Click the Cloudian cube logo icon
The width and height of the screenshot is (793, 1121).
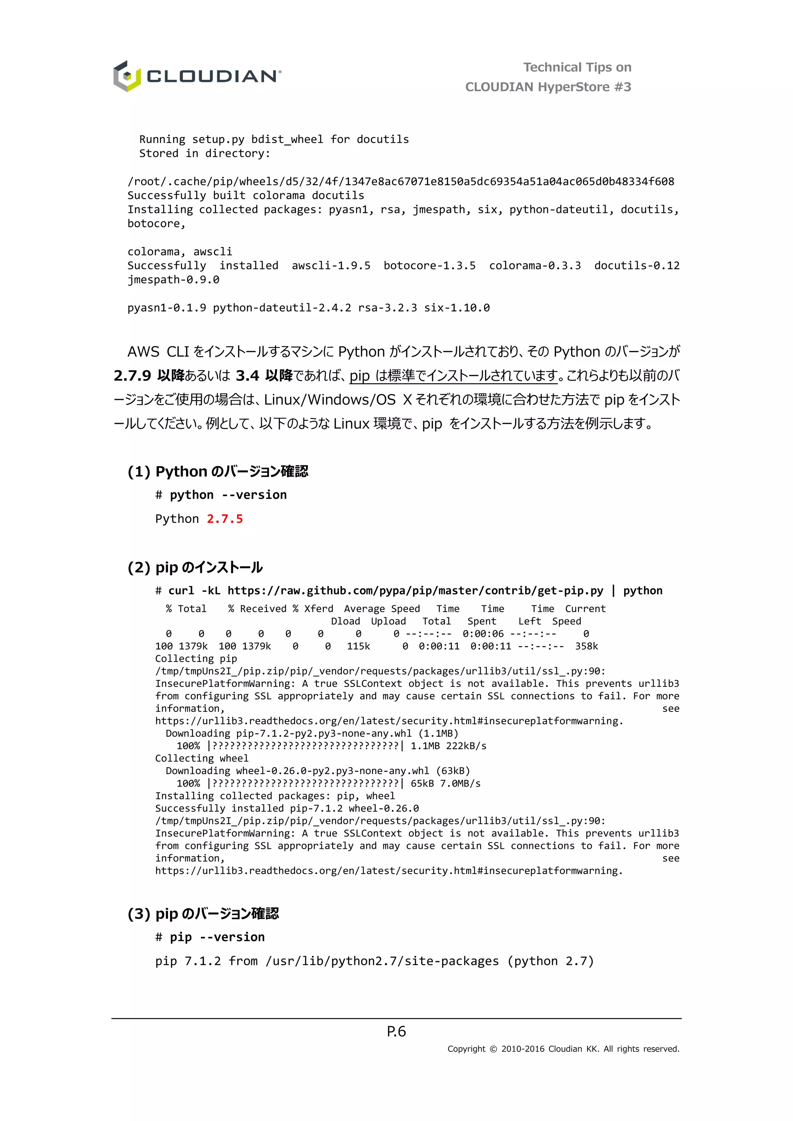127,76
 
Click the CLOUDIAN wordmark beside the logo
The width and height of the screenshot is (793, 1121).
213,77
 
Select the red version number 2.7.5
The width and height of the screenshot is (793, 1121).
225,519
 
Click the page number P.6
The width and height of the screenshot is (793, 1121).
396,1031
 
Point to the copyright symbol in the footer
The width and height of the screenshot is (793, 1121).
493,1049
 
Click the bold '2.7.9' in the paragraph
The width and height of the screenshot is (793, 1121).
132,375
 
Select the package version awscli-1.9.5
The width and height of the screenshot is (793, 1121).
331,266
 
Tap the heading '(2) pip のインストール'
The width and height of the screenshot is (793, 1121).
195,567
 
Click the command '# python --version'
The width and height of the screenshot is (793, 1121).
221,495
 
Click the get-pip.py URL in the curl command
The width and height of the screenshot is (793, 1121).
415,591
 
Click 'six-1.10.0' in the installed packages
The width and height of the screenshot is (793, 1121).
457,308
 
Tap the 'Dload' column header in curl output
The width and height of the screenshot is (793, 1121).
345,621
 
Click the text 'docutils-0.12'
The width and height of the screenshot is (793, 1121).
637,266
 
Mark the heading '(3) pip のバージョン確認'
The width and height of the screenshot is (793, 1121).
203,914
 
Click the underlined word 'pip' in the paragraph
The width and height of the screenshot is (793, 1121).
359,375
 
